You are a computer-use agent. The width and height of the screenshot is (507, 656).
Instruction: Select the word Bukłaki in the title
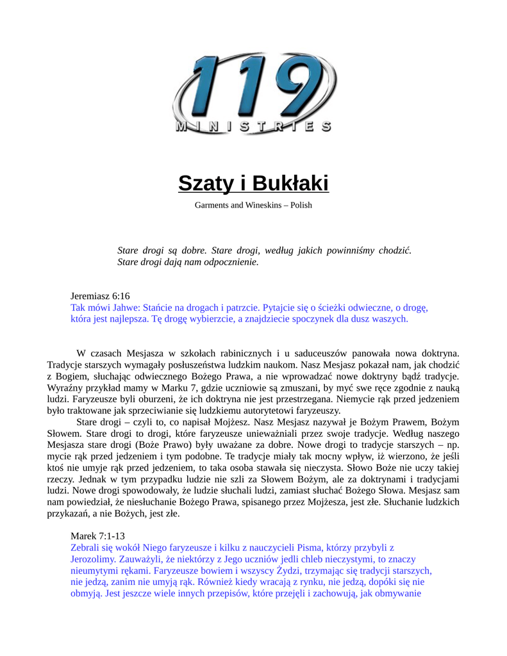click(290, 183)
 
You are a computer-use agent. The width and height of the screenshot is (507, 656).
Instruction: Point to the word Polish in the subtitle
click(301, 205)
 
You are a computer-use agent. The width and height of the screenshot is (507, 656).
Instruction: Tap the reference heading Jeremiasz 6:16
click(100, 296)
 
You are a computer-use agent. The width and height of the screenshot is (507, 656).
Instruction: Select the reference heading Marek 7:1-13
click(97, 536)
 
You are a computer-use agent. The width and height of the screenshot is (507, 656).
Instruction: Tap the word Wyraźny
click(65, 388)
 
